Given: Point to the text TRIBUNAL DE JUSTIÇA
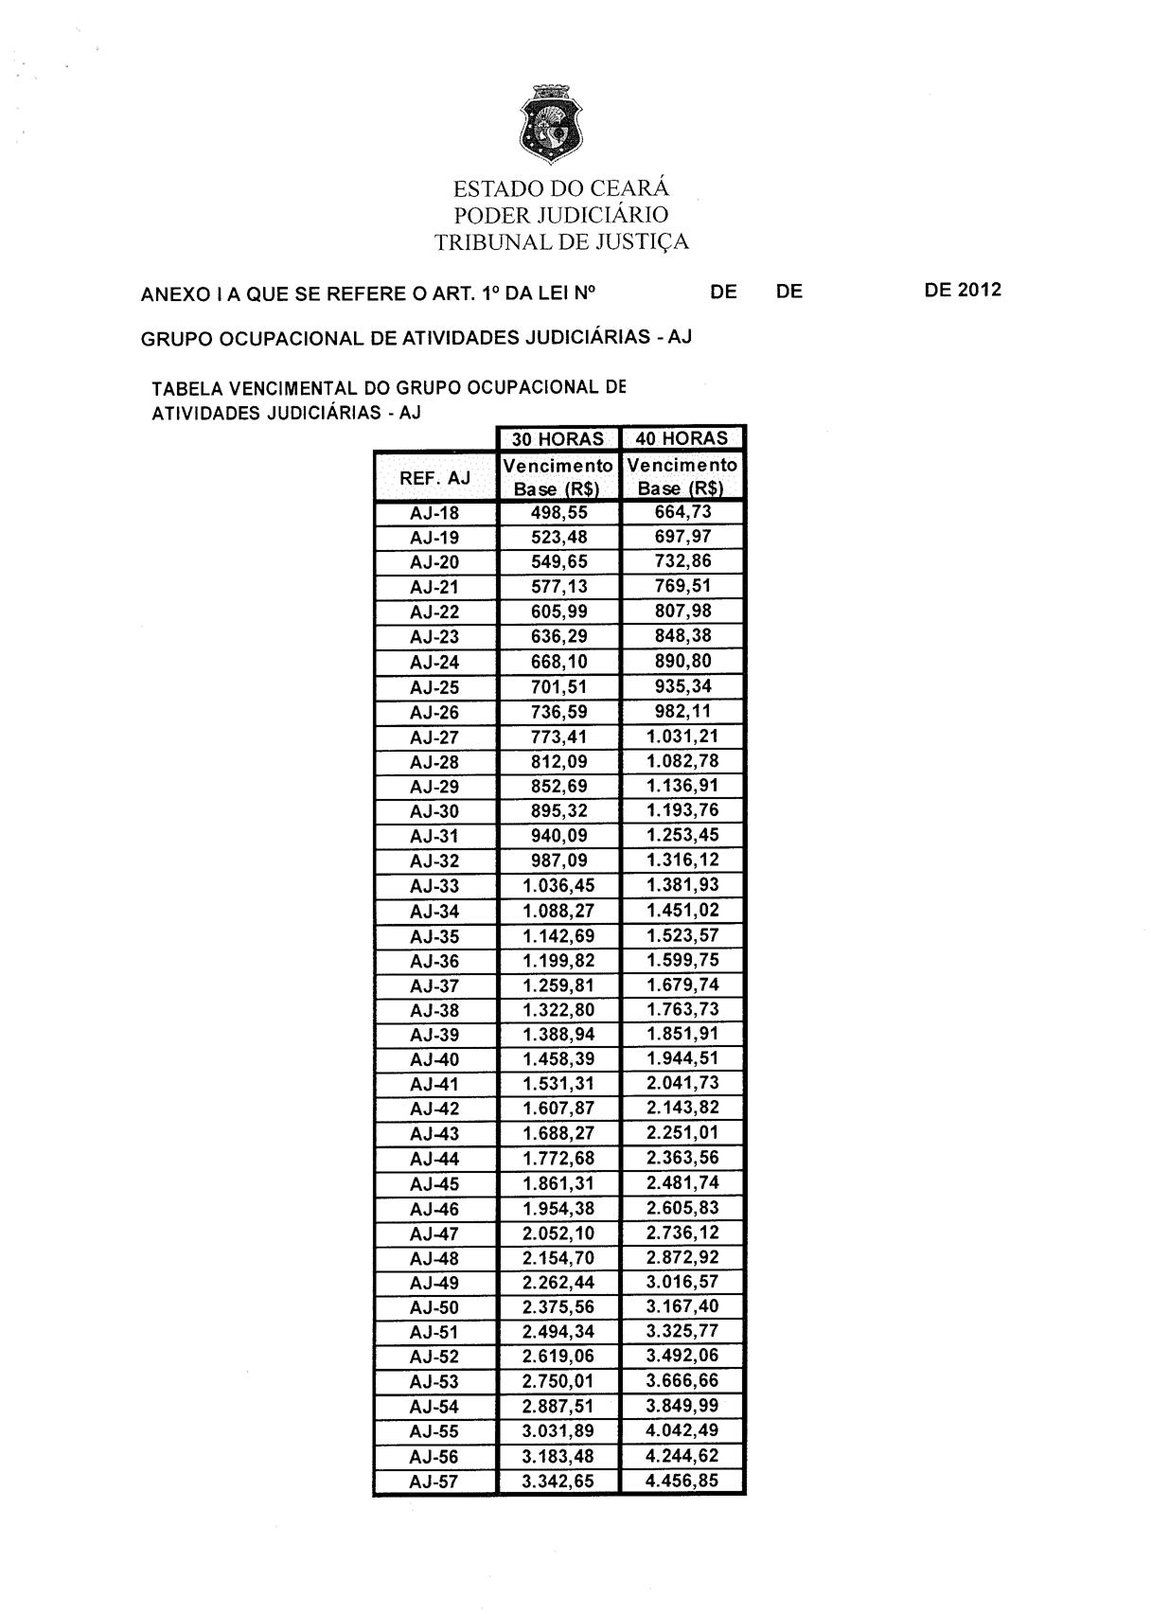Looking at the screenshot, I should click(x=561, y=242).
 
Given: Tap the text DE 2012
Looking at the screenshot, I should click(x=962, y=291).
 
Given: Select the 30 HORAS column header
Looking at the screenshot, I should click(x=558, y=438).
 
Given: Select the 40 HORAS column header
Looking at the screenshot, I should click(x=682, y=438).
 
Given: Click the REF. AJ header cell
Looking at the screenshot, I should click(x=434, y=478).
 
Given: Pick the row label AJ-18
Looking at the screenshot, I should click(x=434, y=513).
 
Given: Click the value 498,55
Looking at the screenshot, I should click(x=558, y=513).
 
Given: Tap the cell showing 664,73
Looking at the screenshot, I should click(x=682, y=512).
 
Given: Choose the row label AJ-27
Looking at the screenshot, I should click(x=434, y=737).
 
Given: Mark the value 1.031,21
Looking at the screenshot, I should click(x=682, y=737).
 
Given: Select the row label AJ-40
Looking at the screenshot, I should click(x=434, y=1060).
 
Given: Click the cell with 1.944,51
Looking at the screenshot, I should click(x=682, y=1059).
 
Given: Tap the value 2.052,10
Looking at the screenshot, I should click(x=558, y=1233).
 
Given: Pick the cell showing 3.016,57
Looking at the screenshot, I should click(x=682, y=1282).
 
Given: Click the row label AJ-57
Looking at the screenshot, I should click(x=434, y=1482).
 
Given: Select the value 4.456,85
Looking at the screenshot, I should click(x=682, y=1481).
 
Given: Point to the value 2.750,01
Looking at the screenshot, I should click(x=558, y=1382).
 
